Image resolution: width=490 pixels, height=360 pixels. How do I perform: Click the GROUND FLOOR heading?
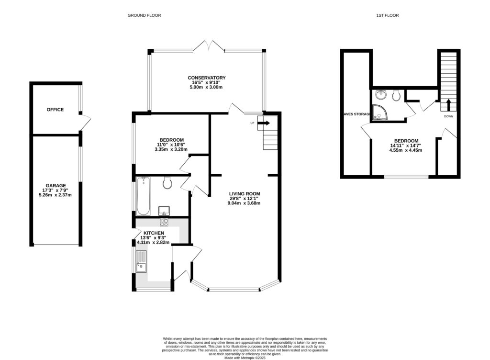[144, 15]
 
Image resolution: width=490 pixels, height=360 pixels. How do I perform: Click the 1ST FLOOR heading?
[387, 15]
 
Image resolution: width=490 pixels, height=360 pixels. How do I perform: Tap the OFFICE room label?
[55, 110]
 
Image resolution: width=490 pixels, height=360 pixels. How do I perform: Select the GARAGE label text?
[56, 185]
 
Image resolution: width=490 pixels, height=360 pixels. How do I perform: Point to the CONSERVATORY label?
[206, 78]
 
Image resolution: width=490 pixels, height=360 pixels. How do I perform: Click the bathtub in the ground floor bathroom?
[143, 196]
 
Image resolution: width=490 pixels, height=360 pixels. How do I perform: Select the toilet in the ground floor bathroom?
[167, 183]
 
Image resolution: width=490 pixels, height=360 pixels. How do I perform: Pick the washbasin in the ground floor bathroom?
[164, 211]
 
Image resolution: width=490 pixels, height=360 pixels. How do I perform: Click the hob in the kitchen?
[164, 222]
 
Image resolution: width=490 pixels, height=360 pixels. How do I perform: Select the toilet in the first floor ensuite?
[396, 96]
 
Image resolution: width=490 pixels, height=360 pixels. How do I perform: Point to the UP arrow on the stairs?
[264, 123]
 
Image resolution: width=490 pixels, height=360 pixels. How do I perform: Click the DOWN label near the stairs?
[448, 116]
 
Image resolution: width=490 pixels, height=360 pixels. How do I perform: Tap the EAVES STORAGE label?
[356, 114]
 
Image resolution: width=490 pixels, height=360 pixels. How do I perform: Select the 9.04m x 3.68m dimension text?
[244, 203]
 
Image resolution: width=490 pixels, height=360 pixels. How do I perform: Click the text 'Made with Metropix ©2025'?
[245, 357]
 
